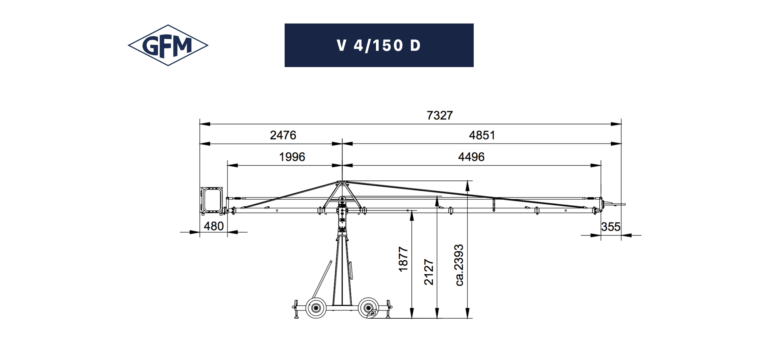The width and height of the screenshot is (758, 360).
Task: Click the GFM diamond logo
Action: (168, 45)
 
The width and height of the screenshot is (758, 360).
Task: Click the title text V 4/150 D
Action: (379, 45)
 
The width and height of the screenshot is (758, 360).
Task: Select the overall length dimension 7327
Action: (440, 115)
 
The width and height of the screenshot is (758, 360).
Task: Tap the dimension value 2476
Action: (283, 135)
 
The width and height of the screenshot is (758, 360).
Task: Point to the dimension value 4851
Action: (482, 135)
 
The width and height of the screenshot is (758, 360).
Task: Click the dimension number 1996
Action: (292, 157)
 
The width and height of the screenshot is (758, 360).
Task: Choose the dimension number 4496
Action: (471, 157)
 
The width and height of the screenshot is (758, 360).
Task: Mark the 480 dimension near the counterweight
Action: (213, 226)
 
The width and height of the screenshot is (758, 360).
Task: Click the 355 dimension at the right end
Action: (611, 227)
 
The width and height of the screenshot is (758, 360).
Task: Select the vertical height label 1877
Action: (403, 259)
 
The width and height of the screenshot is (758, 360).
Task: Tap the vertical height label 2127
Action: (429, 272)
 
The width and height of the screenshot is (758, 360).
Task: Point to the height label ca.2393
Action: (459, 265)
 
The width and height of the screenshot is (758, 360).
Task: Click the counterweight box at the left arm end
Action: (211, 200)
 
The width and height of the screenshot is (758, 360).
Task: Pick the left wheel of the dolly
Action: (316, 308)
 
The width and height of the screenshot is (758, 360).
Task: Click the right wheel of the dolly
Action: (368, 308)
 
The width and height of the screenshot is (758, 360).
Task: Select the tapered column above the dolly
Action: (342, 269)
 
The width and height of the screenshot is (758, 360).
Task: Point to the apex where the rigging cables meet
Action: (342, 182)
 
